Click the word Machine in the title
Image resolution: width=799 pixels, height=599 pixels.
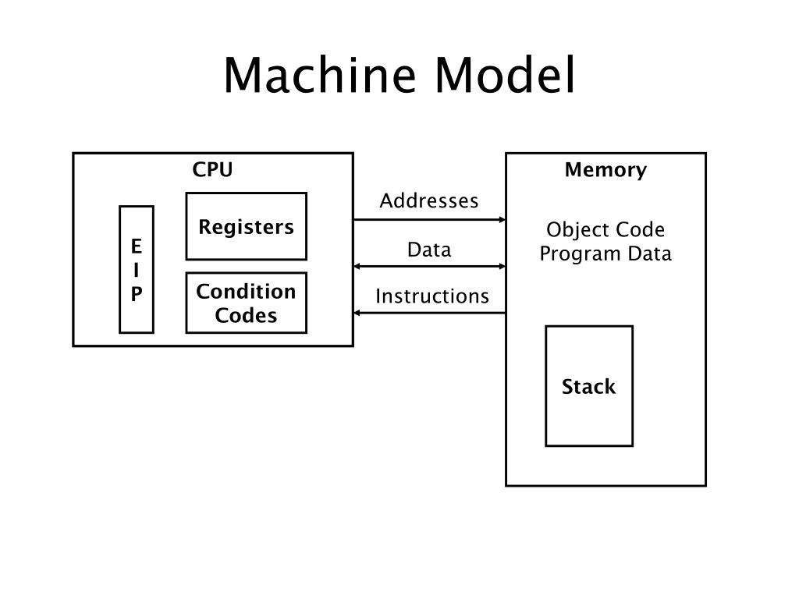coord(320,75)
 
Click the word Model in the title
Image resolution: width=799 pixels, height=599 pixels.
coord(505,75)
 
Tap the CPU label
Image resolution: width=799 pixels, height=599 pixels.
coord(212,169)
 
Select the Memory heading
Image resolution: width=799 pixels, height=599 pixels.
coord(605,169)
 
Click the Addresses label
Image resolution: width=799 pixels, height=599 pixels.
coord(429,200)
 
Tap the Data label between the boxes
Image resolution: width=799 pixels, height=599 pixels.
coord(429,250)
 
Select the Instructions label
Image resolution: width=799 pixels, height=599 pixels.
coord(432,296)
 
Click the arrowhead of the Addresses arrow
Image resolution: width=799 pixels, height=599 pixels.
coord(502,219)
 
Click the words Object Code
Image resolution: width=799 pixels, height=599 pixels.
coord(605,230)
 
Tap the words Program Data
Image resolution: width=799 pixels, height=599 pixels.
coord(605,253)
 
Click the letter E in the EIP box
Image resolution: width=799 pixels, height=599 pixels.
coord(136,246)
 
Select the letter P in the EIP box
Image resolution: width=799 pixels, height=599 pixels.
coord(136,294)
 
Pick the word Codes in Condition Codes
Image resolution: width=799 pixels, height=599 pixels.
coord(246,315)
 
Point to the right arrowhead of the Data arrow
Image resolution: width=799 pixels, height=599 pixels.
coord(502,267)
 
